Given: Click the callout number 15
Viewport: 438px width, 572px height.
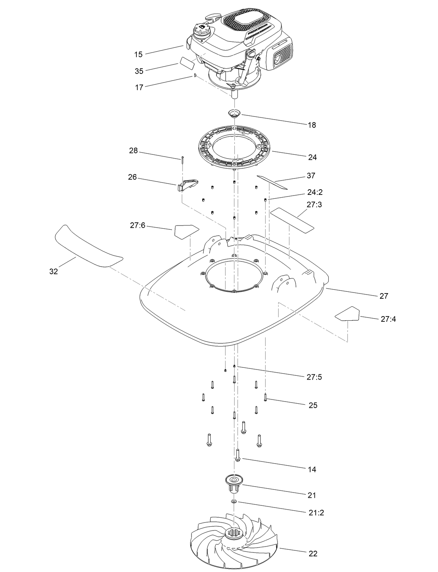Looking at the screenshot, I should point(138,54).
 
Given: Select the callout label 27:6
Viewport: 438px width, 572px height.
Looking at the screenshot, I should point(138,226).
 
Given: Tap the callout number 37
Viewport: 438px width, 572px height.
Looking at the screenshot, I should point(311,176).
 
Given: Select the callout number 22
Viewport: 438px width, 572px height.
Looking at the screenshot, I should point(313,553).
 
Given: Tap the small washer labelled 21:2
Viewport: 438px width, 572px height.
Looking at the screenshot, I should point(234,501).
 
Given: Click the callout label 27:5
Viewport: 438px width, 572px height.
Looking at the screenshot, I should point(314,377).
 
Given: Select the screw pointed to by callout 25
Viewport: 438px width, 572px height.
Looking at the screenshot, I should point(265,397).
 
